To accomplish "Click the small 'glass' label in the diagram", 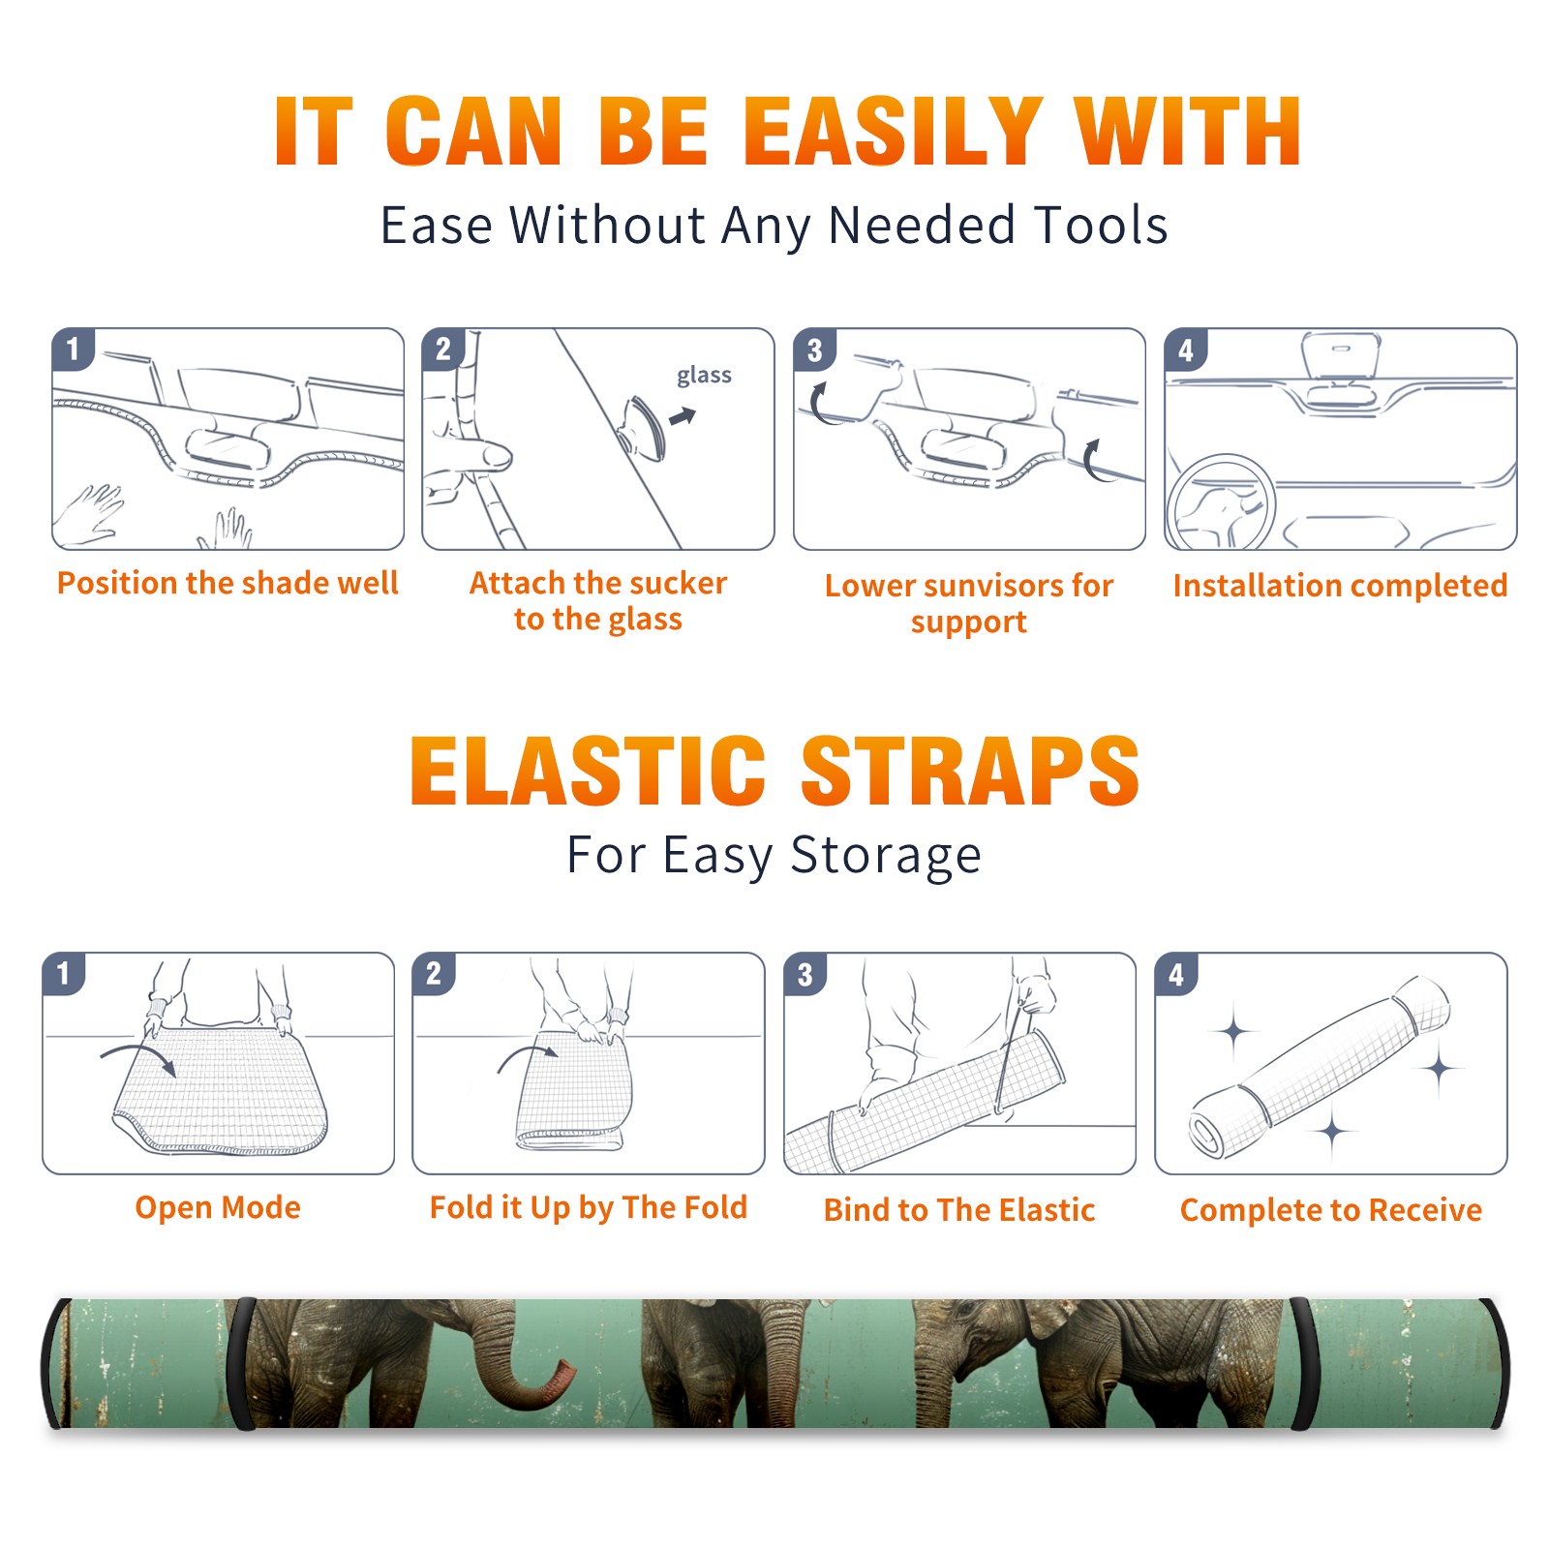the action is pos(704,376).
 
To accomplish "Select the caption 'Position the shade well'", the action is pos(228,583).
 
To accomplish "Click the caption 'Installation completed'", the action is pos(1340,585).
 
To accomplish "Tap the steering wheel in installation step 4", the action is pos(1220,501).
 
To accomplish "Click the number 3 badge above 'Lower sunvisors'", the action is pos(814,350).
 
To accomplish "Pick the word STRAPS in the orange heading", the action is pos(970,771).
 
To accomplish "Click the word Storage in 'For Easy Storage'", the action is pos(886,856).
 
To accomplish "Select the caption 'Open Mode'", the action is pos(218,1207).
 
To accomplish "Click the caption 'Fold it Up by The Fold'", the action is pos(589,1207).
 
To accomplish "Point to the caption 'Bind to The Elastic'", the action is pos(959,1210).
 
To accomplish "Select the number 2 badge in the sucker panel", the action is pos(442,349).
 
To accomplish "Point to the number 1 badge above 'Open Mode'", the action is pos(64,973).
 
